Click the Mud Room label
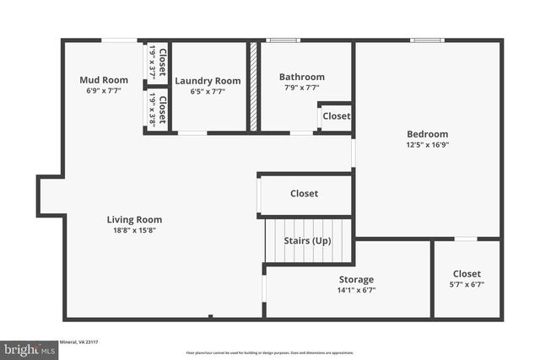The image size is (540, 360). pyautogui.click(x=104, y=80)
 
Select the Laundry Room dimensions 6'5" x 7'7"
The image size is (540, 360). pyautogui.click(x=207, y=91)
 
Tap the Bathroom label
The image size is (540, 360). pyautogui.click(x=301, y=77)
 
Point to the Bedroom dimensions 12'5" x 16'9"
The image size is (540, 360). pyautogui.click(x=427, y=144)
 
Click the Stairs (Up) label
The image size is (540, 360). pyautogui.click(x=310, y=241)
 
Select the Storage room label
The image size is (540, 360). pyautogui.click(x=356, y=279)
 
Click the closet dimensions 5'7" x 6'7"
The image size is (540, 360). pyautogui.click(x=467, y=284)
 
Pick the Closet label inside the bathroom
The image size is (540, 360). pyautogui.click(x=336, y=116)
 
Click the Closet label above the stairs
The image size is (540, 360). pyautogui.click(x=304, y=194)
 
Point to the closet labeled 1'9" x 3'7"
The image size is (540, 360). pyautogui.click(x=158, y=62)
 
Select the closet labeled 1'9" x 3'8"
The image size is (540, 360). pyautogui.click(x=158, y=110)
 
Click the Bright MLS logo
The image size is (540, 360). pyautogui.click(x=29, y=347)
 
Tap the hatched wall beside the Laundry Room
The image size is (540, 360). pyautogui.click(x=251, y=86)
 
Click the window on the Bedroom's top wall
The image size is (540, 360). pyautogui.click(x=426, y=40)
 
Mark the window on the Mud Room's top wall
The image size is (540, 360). pyautogui.click(x=119, y=40)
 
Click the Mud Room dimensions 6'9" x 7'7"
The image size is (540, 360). pyautogui.click(x=104, y=90)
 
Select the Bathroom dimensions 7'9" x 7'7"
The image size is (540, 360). pyautogui.click(x=301, y=87)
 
